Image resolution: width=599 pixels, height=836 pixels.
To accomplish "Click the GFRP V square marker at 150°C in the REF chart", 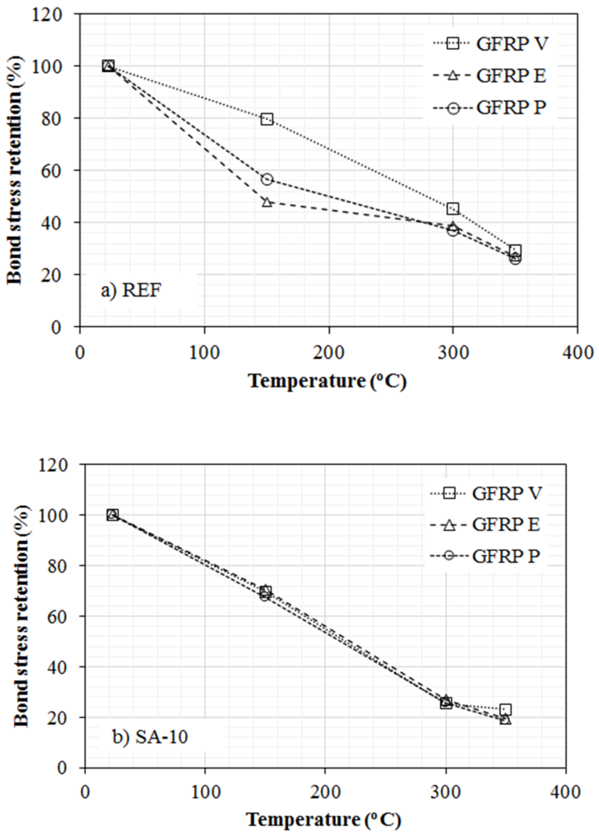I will [267, 119].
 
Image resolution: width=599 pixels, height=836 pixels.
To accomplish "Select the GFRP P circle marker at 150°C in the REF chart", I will [267, 179].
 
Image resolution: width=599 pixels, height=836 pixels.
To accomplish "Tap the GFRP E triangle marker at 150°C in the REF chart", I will [267, 202].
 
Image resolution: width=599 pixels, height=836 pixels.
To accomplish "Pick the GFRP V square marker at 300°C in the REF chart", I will [453, 209].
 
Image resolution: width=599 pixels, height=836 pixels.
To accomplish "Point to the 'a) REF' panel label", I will [131, 291].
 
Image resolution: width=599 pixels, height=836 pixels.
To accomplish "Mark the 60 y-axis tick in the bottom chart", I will [58, 616].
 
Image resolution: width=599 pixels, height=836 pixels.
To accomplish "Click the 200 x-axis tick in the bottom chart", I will [325, 792].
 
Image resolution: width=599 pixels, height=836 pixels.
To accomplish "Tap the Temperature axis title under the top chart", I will [327, 381].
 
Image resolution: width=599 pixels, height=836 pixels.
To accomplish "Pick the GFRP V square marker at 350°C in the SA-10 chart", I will [505, 709].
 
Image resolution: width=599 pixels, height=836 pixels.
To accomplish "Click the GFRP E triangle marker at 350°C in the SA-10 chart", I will [506, 720].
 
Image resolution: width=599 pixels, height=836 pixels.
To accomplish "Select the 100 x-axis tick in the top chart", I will [205, 352].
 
